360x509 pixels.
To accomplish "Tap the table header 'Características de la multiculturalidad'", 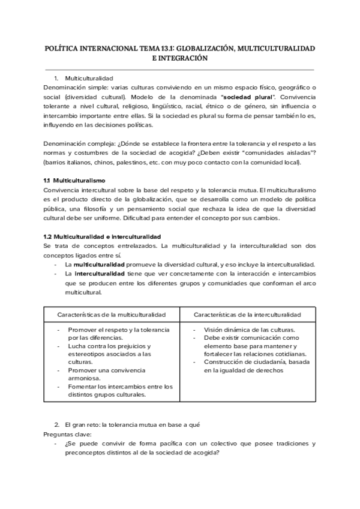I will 111,315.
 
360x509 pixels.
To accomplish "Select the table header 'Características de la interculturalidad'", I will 247,315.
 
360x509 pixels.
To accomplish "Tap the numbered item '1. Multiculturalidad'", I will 88,79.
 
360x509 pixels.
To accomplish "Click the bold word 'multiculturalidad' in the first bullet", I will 100,265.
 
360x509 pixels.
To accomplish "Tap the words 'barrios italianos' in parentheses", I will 68,163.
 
